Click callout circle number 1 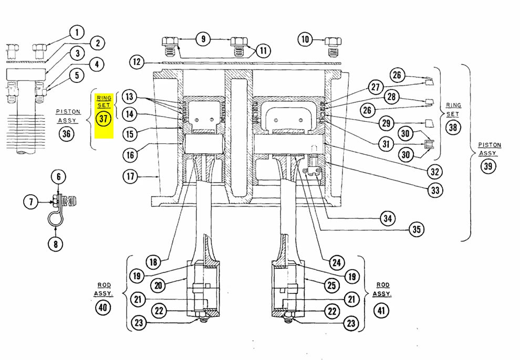(x=76, y=33)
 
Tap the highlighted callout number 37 (x=103, y=118)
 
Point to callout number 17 (x=131, y=177)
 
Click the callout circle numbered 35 (x=416, y=229)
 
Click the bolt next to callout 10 (x=331, y=47)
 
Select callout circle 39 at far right (x=489, y=166)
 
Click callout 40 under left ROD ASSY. (x=103, y=308)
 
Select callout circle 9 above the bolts (x=203, y=38)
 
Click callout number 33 (x=434, y=190)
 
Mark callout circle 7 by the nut (x=31, y=200)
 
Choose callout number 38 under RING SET (x=453, y=127)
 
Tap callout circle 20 (x=158, y=285)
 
